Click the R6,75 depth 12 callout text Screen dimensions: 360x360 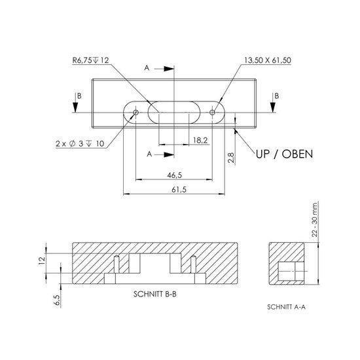[90, 60]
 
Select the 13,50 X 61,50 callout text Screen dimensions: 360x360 [268, 60]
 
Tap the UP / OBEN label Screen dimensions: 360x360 [284, 154]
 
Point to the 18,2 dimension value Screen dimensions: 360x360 [200, 140]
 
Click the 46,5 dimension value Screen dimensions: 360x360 [175, 175]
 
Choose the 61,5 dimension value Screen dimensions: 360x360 [179, 190]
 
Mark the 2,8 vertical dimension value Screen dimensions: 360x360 [231, 158]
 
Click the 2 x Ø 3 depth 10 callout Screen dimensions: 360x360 [80, 144]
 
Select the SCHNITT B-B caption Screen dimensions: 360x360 [155, 294]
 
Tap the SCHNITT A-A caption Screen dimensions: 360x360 [286, 307]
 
